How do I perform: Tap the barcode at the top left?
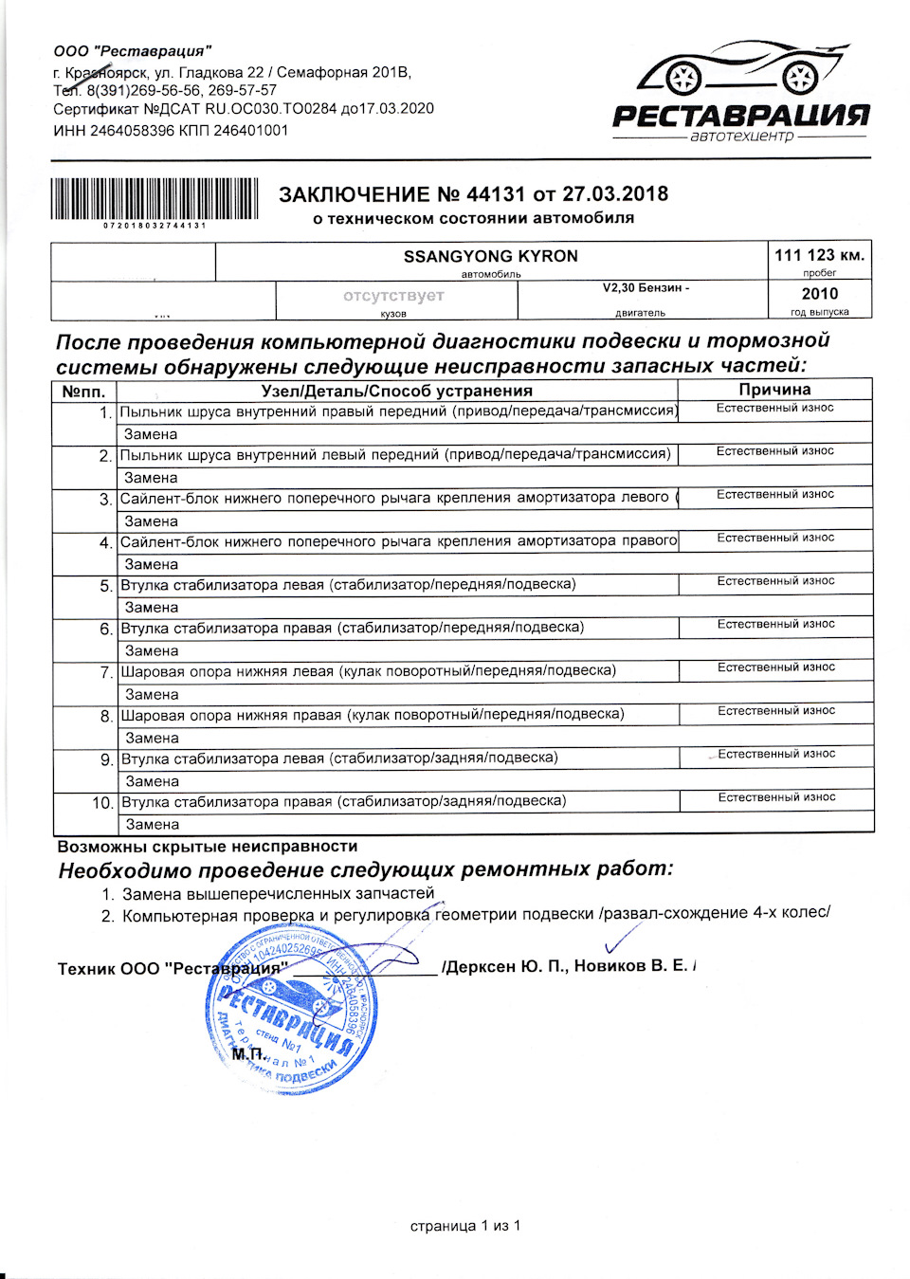point(154,199)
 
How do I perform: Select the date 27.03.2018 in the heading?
point(615,194)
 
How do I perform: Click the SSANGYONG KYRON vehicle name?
point(490,256)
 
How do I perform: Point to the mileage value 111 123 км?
point(819,255)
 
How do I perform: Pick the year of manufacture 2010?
point(819,294)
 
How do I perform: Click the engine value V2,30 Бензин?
point(645,288)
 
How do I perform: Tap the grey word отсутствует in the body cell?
point(393,296)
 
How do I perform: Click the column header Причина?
point(774,390)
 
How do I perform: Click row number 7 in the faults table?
point(106,672)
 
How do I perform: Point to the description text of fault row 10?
point(344,801)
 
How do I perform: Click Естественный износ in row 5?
point(775,580)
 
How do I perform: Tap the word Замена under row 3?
point(151,521)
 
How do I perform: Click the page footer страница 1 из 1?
point(465,1226)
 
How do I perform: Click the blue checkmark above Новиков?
point(622,939)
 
